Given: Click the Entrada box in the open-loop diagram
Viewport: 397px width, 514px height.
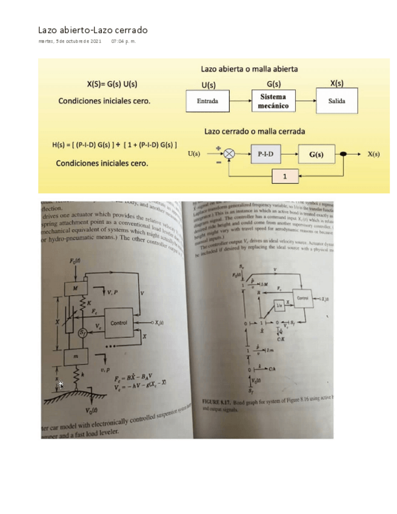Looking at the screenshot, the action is tap(208, 101).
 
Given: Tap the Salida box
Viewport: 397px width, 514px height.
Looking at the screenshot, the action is tap(336, 101).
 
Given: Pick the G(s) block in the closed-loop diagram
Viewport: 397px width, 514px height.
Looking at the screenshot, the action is tap(316, 154).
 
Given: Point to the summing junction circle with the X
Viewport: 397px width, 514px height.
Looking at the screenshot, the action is tap(229, 154).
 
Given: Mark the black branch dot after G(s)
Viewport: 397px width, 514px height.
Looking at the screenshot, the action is tap(344, 154).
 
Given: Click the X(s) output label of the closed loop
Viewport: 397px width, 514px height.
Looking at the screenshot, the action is tap(373, 154).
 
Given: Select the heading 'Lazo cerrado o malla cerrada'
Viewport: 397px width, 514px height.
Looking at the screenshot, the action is tap(255, 131).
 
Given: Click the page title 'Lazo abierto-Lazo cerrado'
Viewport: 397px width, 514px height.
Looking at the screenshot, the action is tap(93, 30).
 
